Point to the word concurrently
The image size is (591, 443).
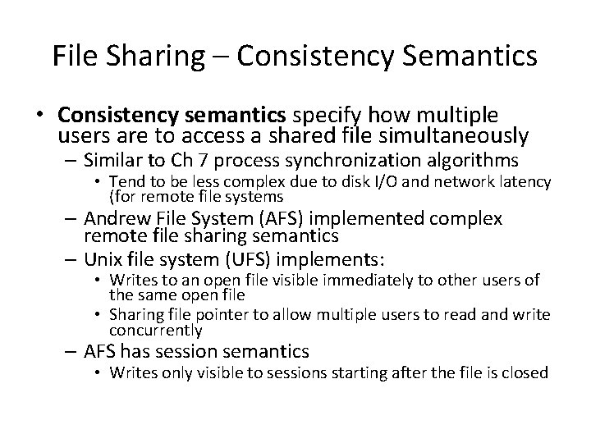coord(155,330)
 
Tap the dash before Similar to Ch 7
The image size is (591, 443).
coord(71,158)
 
